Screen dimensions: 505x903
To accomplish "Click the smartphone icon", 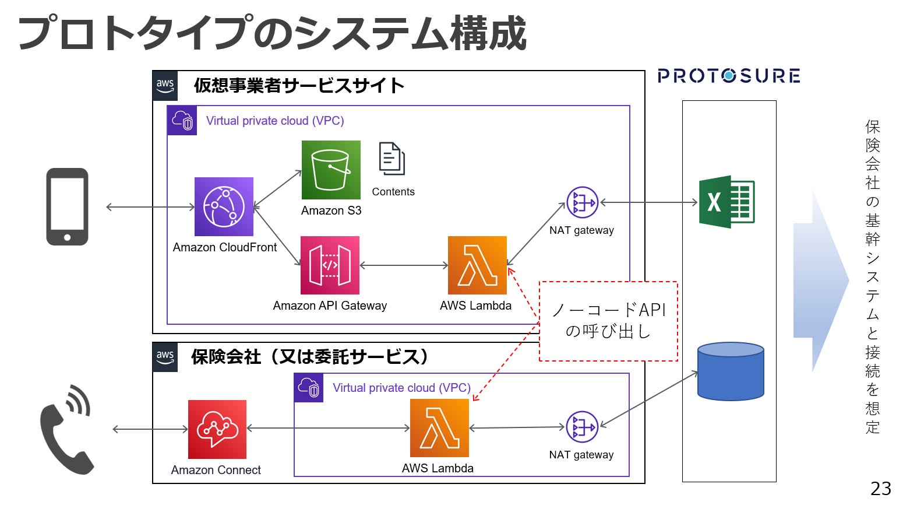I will coord(68,206).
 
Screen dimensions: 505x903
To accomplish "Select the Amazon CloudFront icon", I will coord(224,206).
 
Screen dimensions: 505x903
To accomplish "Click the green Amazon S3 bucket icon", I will coord(331,170).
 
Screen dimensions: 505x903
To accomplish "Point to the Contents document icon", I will coord(392,159).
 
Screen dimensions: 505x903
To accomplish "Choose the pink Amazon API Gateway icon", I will coord(330,265).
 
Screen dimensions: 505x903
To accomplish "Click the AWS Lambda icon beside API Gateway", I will coord(477,265).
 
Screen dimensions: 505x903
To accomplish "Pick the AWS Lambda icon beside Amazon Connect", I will coord(439,428).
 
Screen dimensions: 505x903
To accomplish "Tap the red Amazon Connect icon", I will coord(217,429).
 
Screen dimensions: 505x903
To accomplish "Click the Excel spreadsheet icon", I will coord(726,202).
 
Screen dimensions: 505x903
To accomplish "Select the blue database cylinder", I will coord(731,371).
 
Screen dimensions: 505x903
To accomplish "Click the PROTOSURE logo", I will coord(728,76).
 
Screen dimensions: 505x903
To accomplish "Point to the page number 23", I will coord(880,488).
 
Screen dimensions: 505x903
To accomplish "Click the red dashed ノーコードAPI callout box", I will coord(608,321).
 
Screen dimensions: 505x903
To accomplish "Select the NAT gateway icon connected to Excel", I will coord(582,202).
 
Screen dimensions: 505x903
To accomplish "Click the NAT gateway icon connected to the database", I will coord(582,427).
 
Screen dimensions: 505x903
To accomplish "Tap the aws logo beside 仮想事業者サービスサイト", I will coord(165,86).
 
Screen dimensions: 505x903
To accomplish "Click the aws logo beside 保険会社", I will coord(165,357).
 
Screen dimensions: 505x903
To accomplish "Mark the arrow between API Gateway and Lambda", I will coord(404,265).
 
